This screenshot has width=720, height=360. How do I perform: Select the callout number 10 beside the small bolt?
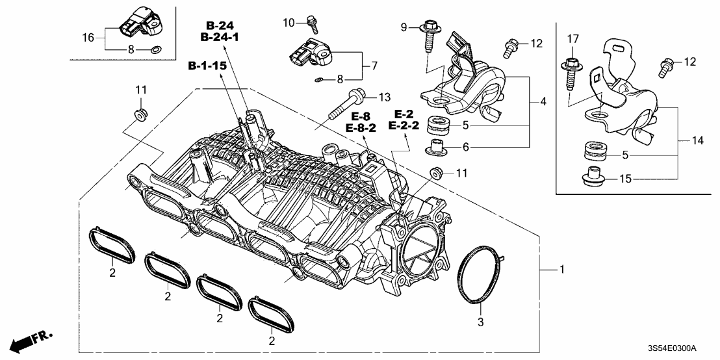click(x=289, y=23)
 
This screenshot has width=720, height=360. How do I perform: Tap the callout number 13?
click(x=384, y=97)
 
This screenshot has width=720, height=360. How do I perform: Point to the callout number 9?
click(x=404, y=27)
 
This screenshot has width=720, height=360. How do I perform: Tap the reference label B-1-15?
click(x=209, y=66)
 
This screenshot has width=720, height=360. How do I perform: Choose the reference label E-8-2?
click(x=362, y=128)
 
